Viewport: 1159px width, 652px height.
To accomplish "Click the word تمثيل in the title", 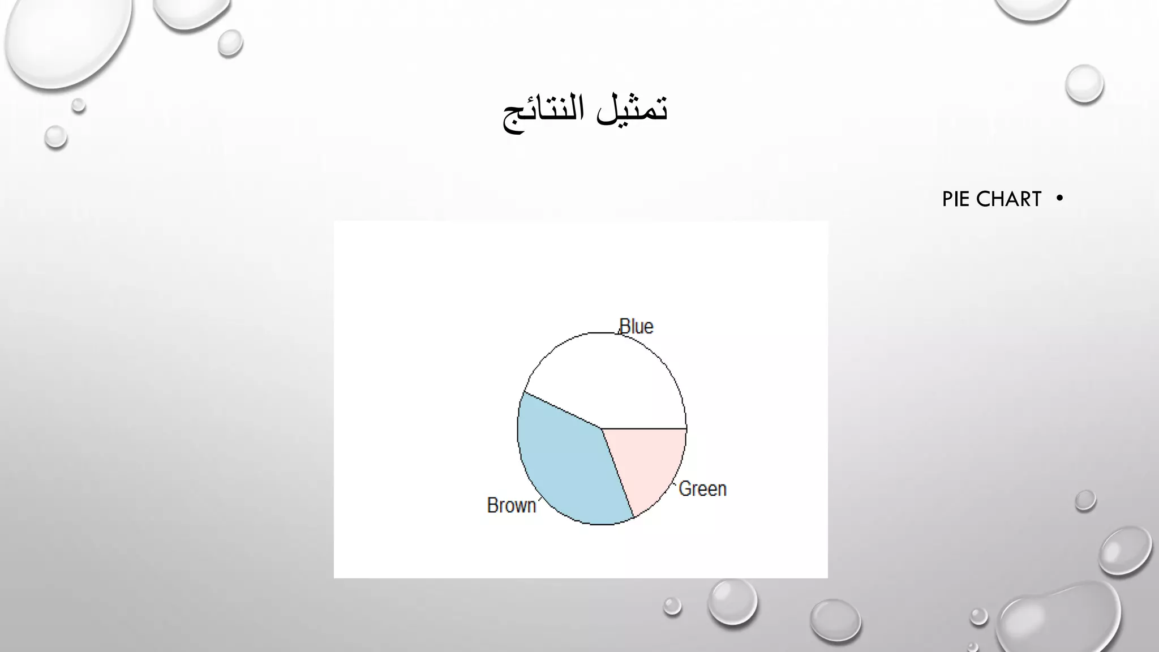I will coord(633,109).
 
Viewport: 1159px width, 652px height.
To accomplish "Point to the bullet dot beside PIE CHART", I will coord(1059,198).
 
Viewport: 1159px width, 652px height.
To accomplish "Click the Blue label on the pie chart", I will coord(637,327).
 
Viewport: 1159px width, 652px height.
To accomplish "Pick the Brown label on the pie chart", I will coord(511,505).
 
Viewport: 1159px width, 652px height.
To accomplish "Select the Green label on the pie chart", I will coord(702,489).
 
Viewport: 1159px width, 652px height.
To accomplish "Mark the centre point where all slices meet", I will coord(602,428).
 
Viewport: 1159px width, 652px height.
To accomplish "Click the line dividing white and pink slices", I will coord(645,428).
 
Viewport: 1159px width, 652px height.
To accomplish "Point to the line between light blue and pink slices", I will coord(617,473).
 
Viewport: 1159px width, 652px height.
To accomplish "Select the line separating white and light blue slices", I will coord(563,410).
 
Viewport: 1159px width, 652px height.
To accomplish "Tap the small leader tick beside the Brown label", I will coord(538,500).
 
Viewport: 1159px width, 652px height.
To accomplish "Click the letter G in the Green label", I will coord(685,489).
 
